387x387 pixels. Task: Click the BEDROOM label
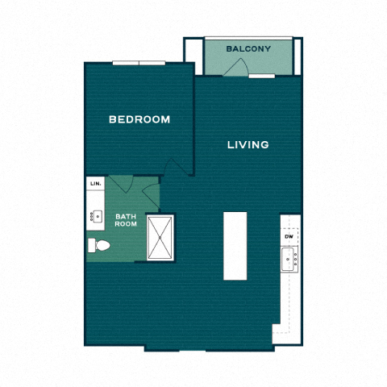pyautogui.click(x=139, y=120)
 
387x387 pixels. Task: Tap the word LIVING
pyautogui.click(x=248, y=145)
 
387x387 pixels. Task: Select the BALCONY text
pyautogui.click(x=248, y=49)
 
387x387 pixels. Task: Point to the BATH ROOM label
pyautogui.click(x=125, y=220)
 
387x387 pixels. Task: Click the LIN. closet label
pyautogui.click(x=95, y=185)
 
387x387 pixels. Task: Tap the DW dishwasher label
pyautogui.click(x=288, y=236)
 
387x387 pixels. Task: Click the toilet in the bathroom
pyautogui.click(x=98, y=246)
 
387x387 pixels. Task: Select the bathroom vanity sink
pyautogui.click(x=95, y=215)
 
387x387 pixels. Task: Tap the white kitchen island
pyautogui.click(x=234, y=245)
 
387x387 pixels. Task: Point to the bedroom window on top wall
pyautogui.click(x=139, y=63)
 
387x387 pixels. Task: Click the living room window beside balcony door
pyautogui.click(x=261, y=77)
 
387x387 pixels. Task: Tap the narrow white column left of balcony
pyautogui.click(x=192, y=55)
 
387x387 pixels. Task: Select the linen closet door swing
pyautogui.click(x=121, y=183)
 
